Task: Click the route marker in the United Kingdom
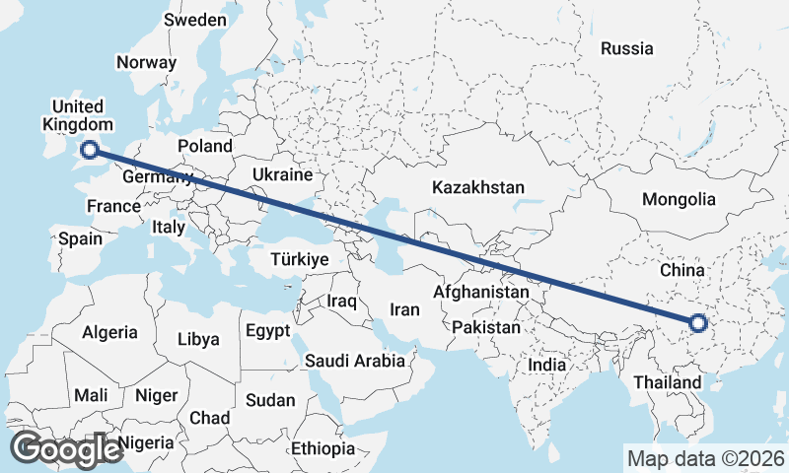pyautogui.click(x=90, y=150)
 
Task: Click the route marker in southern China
pyautogui.click(x=698, y=322)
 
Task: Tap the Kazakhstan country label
pyautogui.click(x=478, y=186)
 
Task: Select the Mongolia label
pyautogui.click(x=679, y=199)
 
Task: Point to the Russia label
pyautogui.click(x=626, y=47)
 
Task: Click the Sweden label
pyautogui.click(x=195, y=20)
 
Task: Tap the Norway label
pyautogui.click(x=146, y=62)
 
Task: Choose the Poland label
pyautogui.click(x=205, y=146)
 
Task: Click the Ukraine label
pyautogui.click(x=282, y=174)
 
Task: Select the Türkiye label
pyautogui.click(x=299, y=259)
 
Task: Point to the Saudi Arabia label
pyautogui.click(x=355, y=361)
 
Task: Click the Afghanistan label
pyautogui.click(x=481, y=293)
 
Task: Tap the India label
pyautogui.click(x=547, y=365)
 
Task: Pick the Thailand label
pyautogui.click(x=668, y=381)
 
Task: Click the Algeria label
pyautogui.click(x=110, y=332)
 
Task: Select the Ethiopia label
pyautogui.click(x=323, y=448)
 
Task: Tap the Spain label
pyautogui.click(x=80, y=238)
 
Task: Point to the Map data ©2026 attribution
pyautogui.click(x=705, y=458)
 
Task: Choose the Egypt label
pyautogui.click(x=268, y=329)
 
